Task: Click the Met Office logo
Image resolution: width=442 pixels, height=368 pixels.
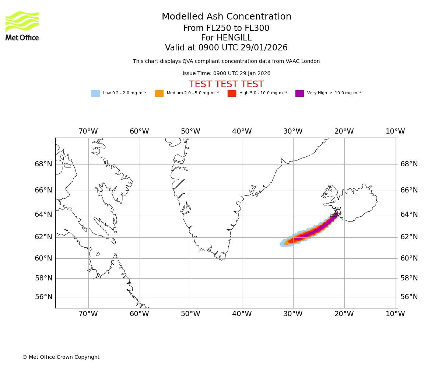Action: coord(22,26)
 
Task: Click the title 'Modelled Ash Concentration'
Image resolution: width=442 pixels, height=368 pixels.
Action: coord(227,17)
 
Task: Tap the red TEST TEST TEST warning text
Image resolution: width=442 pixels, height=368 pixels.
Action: coord(226,84)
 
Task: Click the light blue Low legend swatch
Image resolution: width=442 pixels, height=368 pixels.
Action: coord(95,93)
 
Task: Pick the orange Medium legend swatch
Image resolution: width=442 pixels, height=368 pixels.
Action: coord(159,93)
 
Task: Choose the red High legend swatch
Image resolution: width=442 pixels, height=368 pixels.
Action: coord(232,93)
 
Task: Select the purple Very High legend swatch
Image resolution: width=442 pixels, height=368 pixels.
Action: coord(299,93)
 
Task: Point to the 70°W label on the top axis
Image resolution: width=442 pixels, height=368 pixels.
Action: coord(88,131)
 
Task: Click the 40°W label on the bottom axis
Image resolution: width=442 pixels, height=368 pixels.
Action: coord(242,314)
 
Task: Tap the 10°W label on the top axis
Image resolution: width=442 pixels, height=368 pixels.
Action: coord(395,131)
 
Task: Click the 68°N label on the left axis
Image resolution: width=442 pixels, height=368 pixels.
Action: coord(43,164)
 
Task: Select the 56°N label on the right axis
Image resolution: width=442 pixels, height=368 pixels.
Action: coord(409,297)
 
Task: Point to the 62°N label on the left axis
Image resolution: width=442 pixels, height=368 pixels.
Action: coord(43,237)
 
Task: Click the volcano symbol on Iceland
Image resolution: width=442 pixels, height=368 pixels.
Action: coord(337,211)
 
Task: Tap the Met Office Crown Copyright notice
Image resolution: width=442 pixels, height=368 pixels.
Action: coord(61,357)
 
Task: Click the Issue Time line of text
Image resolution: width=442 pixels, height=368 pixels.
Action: coord(226,74)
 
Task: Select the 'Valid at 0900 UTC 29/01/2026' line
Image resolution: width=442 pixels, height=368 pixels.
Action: coord(226,48)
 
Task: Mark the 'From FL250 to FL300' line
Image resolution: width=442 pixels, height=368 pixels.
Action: coord(226,28)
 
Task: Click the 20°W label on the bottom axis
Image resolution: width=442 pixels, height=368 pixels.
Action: coord(344,314)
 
